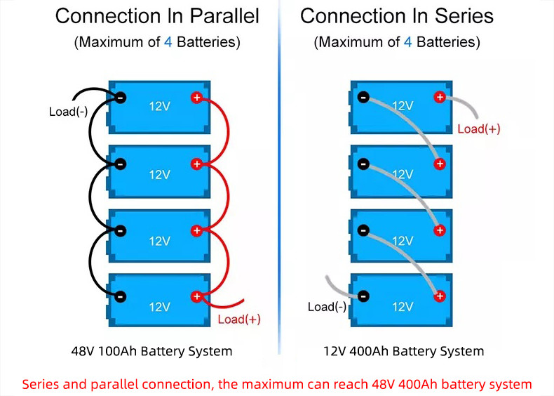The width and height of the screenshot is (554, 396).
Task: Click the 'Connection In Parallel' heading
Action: (157, 16)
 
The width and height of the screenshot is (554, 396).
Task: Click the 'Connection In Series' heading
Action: (396, 16)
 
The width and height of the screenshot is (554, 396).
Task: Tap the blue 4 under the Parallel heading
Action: (168, 42)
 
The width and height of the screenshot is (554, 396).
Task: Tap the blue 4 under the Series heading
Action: (407, 42)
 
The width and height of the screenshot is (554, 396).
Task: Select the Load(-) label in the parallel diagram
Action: (68, 111)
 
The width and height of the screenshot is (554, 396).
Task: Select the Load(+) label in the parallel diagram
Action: (239, 319)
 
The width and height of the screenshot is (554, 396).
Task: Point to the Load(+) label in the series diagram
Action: (478, 128)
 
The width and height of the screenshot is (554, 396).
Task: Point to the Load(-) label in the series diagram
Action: (327, 306)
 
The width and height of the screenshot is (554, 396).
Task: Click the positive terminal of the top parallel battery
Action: (197, 98)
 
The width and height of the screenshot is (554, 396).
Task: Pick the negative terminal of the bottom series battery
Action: (363, 296)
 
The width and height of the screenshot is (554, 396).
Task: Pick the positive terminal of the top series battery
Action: (440, 97)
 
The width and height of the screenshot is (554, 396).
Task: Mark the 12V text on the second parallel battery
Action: (160, 174)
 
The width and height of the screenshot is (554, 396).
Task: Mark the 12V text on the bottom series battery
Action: (402, 306)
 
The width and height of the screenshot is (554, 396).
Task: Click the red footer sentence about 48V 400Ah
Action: (277, 384)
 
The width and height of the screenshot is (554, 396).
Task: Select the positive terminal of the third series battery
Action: (440, 230)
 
